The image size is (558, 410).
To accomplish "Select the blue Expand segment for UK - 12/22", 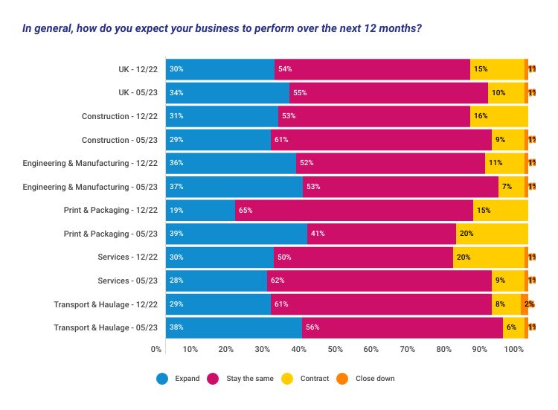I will pyautogui.click(x=219, y=69).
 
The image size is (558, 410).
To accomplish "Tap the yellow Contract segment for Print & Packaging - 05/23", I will pyautogui.click(x=491, y=234).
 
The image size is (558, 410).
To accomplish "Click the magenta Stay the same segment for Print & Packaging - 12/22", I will pyautogui.click(x=353, y=210).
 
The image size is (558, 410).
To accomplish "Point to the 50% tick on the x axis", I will pyautogui.click(x=335, y=348).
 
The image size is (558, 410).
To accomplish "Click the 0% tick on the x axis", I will pyautogui.click(x=156, y=348).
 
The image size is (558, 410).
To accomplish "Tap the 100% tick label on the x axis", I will pyautogui.click(x=514, y=348).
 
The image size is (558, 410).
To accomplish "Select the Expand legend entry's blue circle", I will pyautogui.click(x=162, y=379).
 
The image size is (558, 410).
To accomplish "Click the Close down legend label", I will pyautogui.click(x=375, y=379).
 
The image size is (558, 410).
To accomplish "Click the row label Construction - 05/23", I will pyautogui.click(x=119, y=140).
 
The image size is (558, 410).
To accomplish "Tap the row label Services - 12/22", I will pyautogui.click(x=127, y=257).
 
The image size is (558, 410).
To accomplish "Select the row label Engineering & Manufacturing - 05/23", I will pyautogui.click(x=90, y=187).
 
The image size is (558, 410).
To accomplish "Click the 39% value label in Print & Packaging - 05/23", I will pyautogui.click(x=176, y=234).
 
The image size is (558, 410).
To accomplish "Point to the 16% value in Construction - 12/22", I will pyautogui.click(x=480, y=116).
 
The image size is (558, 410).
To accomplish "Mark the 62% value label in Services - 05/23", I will pyautogui.click(x=280, y=281).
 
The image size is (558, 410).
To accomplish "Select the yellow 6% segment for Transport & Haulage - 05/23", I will pyautogui.click(x=513, y=327).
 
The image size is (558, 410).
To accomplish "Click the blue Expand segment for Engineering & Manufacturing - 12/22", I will pyautogui.click(x=230, y=163).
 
